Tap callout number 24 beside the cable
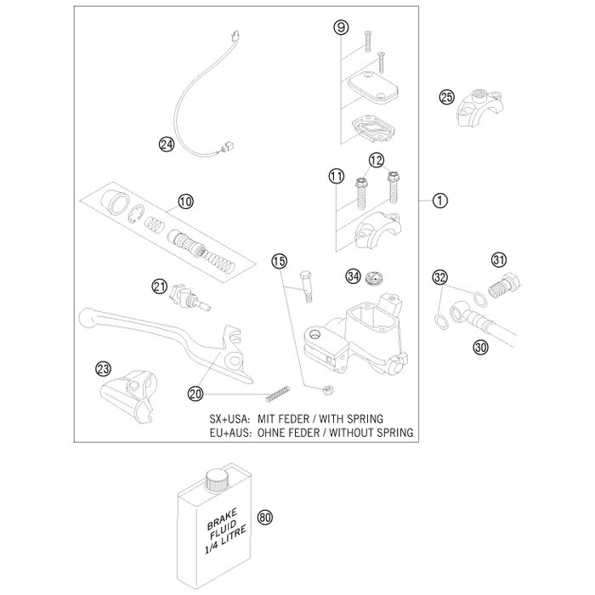[x=167, y=144]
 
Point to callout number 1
[x=415, y=201]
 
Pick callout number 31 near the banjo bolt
[x=498, y=260]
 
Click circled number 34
[x=352, y=276]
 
